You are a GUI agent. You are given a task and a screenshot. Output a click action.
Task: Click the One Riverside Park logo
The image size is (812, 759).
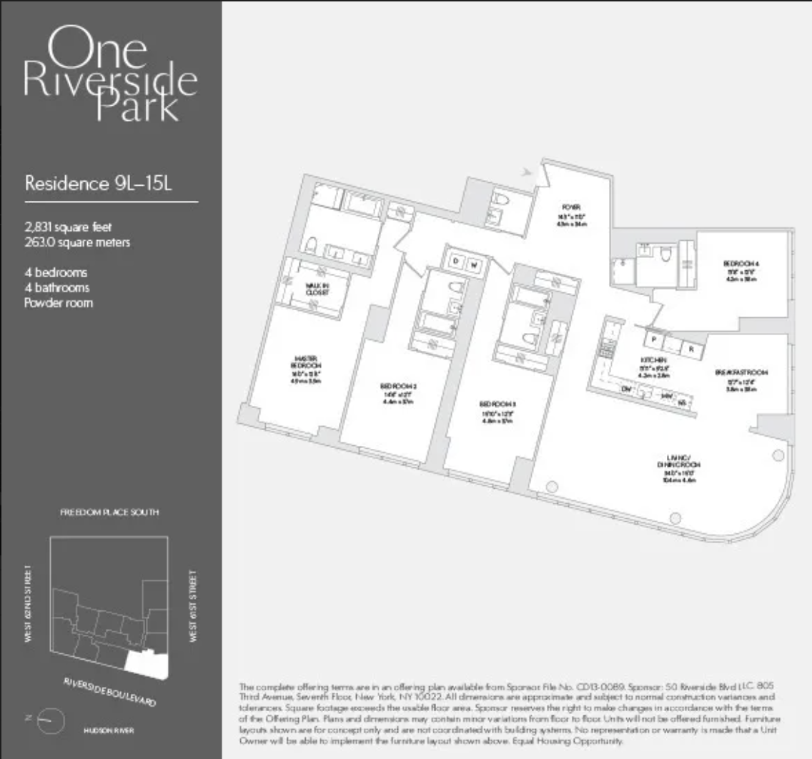click(110, 74)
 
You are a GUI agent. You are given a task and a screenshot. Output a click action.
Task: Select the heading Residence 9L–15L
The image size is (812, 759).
click(99, 184)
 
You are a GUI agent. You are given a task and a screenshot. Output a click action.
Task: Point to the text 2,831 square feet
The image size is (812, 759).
click(68, 228)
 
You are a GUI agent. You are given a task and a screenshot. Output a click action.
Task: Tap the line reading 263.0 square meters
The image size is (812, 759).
click(77, 242)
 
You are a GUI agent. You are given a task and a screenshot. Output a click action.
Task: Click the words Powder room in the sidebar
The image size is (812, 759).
click(59, 303)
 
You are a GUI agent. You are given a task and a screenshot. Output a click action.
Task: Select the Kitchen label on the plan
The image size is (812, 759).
click(653, 359)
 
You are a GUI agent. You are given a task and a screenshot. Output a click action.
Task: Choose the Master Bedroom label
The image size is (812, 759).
click(306, 362)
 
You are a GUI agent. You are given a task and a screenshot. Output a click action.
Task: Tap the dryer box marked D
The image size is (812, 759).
click(456, 263)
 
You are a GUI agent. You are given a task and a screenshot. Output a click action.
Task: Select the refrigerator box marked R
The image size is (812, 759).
click(691, 349)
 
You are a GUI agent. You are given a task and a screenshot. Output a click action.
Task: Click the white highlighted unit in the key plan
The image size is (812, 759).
click(149, 663)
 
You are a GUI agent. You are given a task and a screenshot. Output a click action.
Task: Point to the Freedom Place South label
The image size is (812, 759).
click(109, 512)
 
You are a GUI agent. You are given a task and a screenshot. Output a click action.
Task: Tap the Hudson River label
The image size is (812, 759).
click(109, 730)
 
